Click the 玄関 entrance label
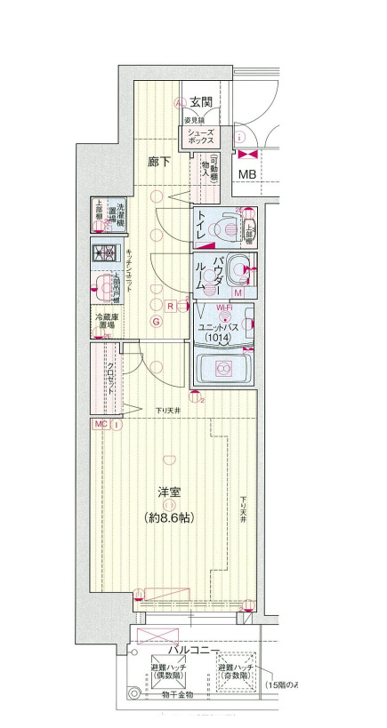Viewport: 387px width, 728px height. click(201, 102)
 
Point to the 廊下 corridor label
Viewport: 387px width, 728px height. click(160, 162)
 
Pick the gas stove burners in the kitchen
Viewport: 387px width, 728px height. click(105, 253)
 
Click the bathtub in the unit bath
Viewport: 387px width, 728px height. click(223, 366)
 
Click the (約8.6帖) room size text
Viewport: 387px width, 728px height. click(169, 516)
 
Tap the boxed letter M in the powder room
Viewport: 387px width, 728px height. click(238, 292)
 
